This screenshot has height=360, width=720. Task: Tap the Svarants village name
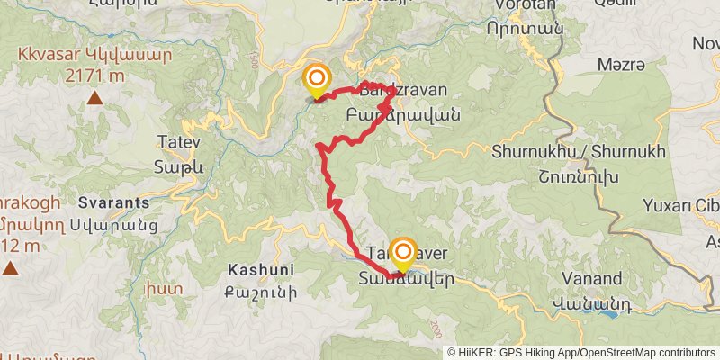[x=113, y=202]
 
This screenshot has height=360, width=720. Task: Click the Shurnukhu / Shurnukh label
[x=580, y=152]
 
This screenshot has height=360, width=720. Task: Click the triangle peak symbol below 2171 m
[x=94, y=98]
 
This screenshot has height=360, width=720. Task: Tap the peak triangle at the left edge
[x=9, y=267]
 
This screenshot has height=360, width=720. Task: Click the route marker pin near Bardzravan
[x=316, y=80]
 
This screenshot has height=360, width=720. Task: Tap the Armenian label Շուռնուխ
[x=580, y=176]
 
